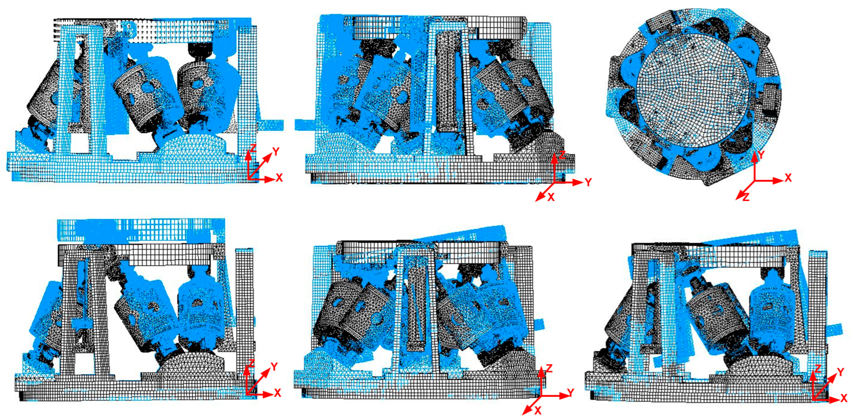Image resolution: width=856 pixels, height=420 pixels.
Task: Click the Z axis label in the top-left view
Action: click(x=253, y=148)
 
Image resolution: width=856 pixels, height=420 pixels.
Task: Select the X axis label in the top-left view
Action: click(x=279, y=178)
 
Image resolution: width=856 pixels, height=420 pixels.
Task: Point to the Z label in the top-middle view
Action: click(x=562, y=154)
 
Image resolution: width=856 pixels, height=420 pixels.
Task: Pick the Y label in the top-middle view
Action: click(x=588, y=182)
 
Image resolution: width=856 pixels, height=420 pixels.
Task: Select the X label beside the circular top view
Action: click(x=788, y=178)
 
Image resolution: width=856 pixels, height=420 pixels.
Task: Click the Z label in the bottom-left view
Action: click(x=251, y=363)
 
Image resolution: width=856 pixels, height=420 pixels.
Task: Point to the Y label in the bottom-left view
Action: click(x=274, y=367)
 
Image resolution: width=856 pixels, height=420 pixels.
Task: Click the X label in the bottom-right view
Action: click(x=844, y=398)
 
